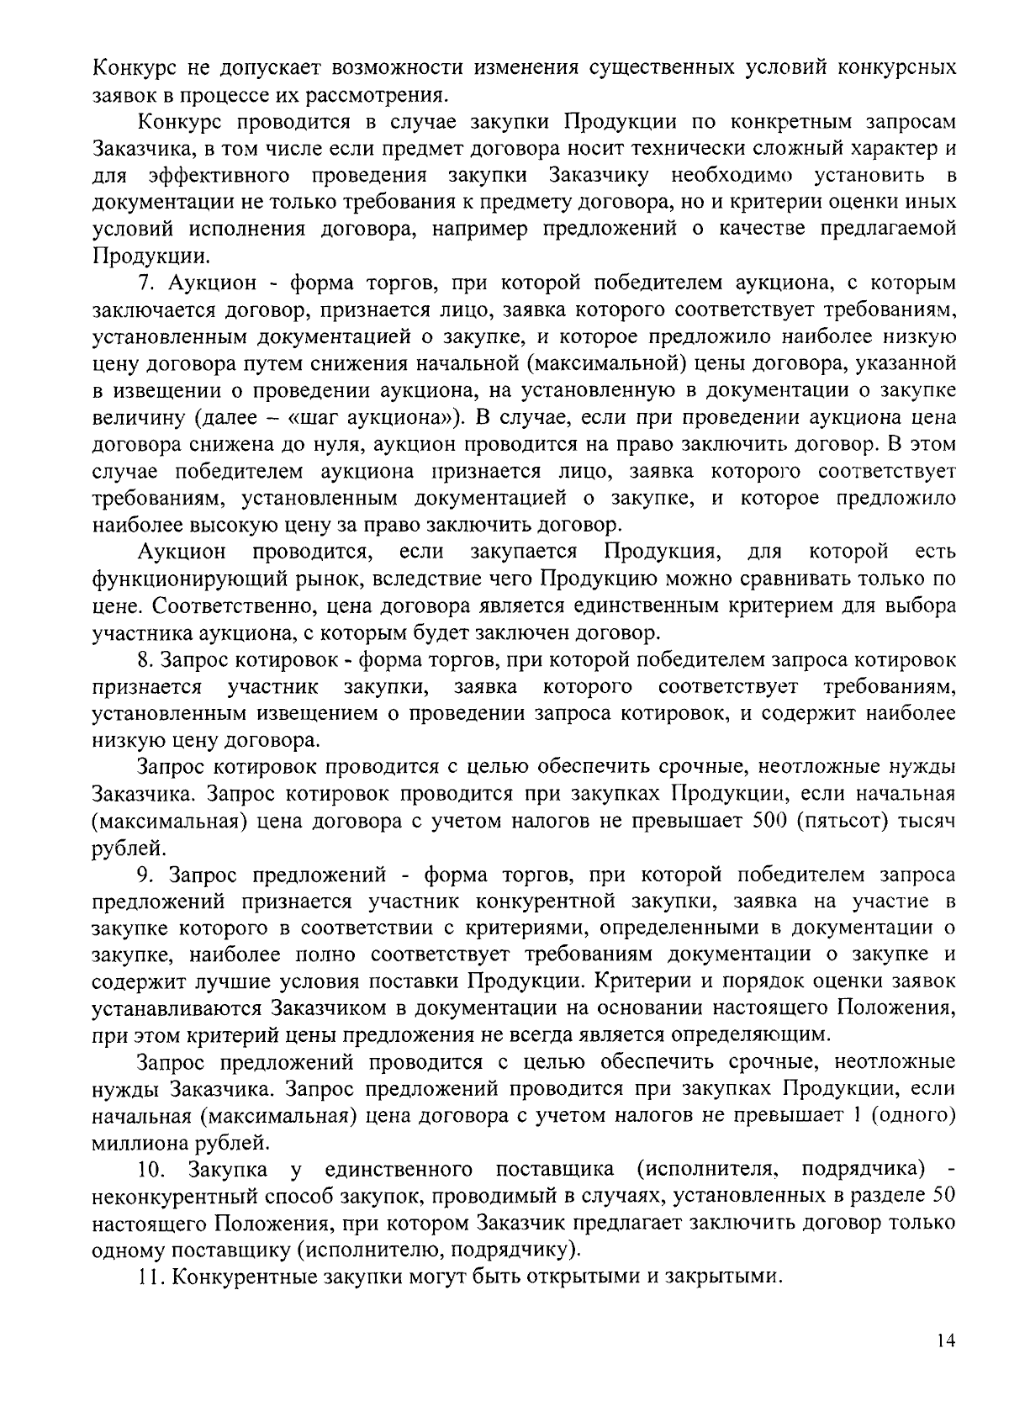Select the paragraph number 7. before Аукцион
(x=145, y=283)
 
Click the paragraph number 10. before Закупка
(x=151, y=1169)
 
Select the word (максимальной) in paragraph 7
(x=590, y=363)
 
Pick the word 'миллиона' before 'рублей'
(x=135, y=1143)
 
